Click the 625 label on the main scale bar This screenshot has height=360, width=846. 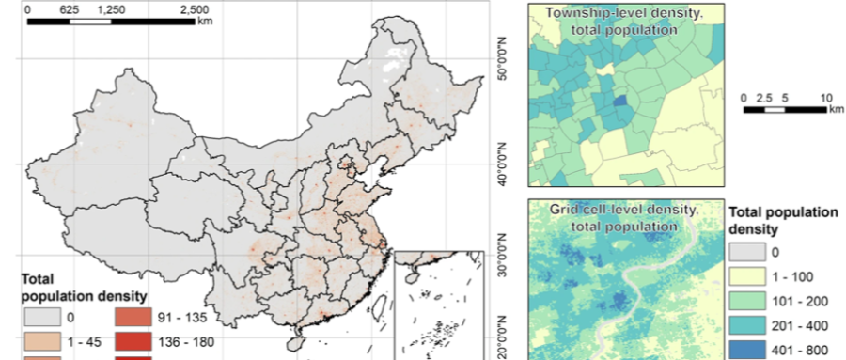coord(69,8)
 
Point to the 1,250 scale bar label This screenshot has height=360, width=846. coord(111,8)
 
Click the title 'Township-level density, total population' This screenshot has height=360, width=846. coord(624,22)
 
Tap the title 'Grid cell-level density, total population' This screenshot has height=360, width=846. coord(624,218)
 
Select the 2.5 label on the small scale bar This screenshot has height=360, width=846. coord(764,97)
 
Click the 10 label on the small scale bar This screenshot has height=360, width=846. coord(824,97)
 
